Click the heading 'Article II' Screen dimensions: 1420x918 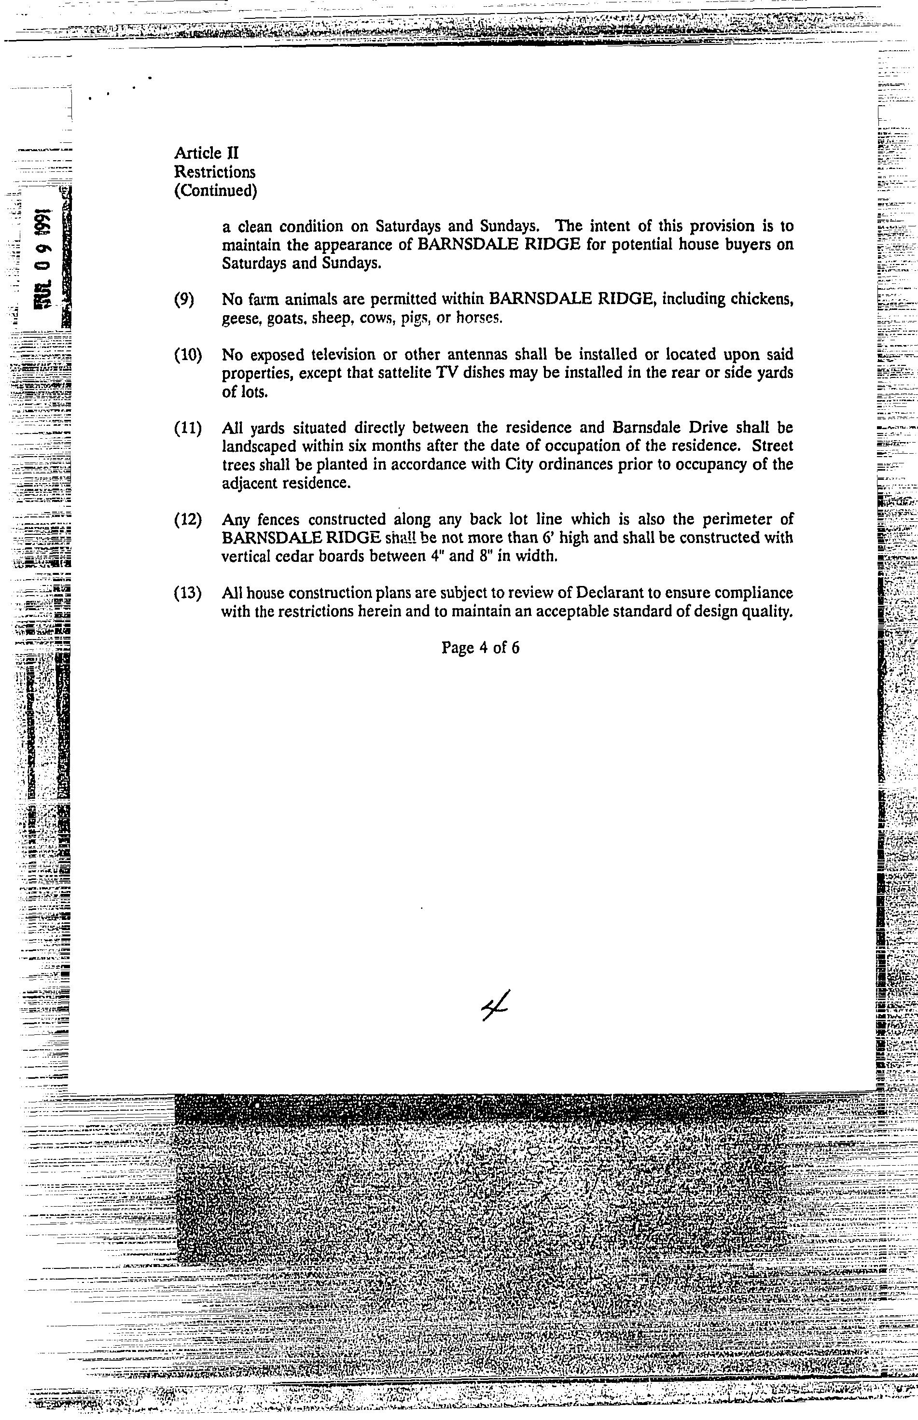point(206,153)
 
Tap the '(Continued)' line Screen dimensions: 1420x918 point(215,191)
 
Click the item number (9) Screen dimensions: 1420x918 point(184,300)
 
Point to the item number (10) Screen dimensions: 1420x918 point(188,355)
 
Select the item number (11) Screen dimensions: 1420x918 point(188,428)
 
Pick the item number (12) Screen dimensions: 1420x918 point(188,520)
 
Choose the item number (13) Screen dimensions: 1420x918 point(188,593)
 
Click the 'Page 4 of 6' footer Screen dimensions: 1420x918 point(480,647)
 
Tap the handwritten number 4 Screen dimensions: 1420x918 point(494,1007)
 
